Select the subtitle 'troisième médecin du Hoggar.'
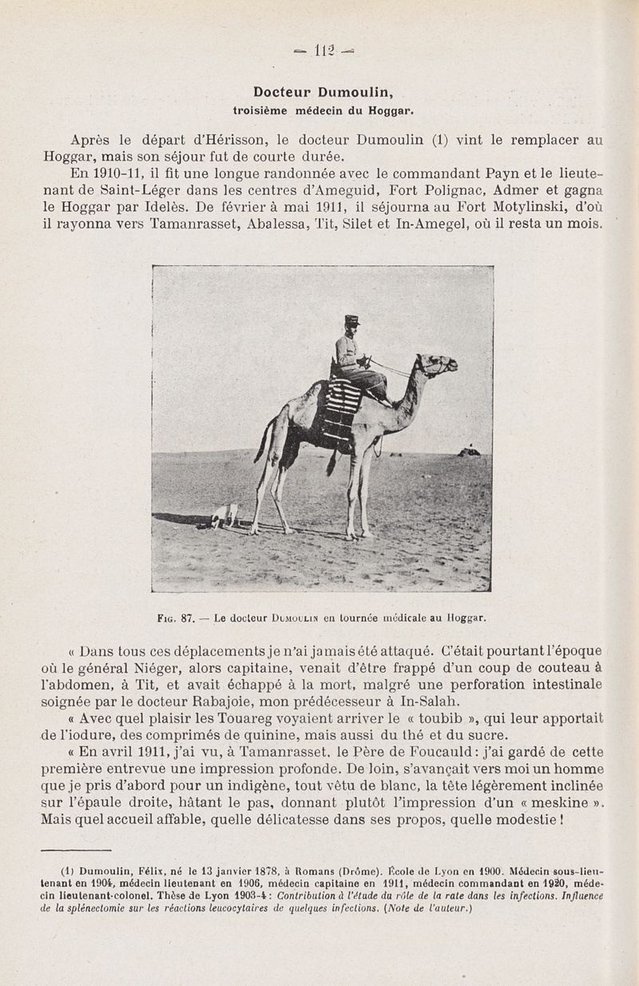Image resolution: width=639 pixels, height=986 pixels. tap(323, 109)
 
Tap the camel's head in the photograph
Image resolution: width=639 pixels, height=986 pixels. tap(438, 365)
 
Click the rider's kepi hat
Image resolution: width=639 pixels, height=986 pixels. tap(351, 320)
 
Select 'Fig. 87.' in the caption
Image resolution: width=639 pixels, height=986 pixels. tap(178, 618)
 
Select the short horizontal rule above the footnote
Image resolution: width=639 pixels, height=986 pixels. tap(76, 851)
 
